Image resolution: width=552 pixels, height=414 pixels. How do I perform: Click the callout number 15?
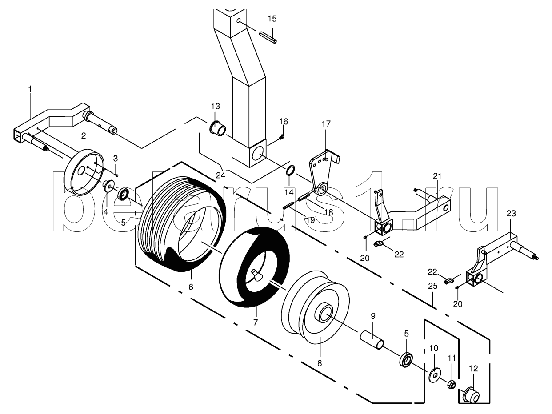(x=272, y=19)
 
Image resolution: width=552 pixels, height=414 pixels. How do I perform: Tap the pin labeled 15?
(x=268, y=37)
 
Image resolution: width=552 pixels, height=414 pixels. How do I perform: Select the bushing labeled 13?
(x=217, y=128)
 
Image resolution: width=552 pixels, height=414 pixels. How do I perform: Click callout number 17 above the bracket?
(x=326, y=123)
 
